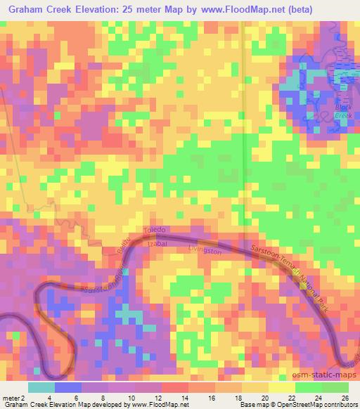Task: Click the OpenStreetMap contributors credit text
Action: tap(320, 404)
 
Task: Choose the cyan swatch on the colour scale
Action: tap(41, 387)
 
